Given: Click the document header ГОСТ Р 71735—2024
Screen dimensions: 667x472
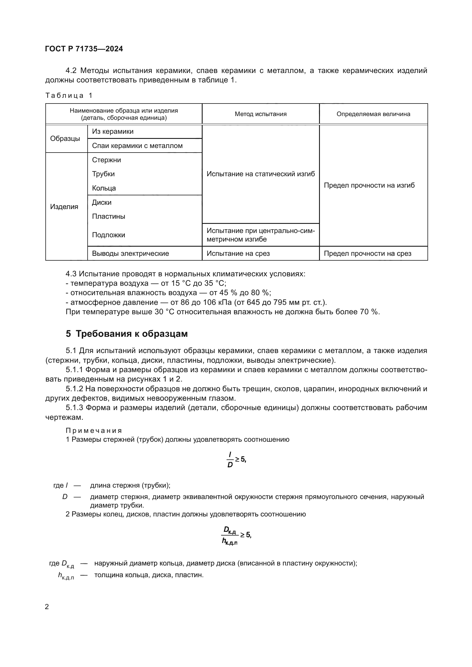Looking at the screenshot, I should click(84, 49).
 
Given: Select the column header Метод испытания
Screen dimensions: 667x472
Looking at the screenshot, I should click(261, 114).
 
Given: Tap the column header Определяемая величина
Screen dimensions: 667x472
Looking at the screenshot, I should click(373, 114).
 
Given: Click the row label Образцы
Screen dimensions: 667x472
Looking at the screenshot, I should click(65, 139).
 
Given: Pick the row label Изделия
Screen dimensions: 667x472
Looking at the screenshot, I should click(64, 206).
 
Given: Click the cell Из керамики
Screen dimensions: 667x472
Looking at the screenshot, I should click(113, 131).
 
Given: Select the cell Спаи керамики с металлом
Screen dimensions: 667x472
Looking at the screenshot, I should click(137, 145).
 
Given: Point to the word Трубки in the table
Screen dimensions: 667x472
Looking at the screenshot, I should click(104, 174).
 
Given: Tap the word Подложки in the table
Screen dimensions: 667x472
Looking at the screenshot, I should click(108, 235).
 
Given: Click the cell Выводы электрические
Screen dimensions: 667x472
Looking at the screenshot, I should click(130, 253).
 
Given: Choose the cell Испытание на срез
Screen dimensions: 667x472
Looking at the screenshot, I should click(238, 253).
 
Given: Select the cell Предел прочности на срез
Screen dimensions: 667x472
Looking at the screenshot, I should click(367, 253).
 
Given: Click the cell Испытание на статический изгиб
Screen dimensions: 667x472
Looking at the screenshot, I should click(261, 174).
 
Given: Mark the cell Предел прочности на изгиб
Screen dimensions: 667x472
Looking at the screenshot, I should click(369, 185).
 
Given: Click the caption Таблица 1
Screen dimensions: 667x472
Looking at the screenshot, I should click(69, 96).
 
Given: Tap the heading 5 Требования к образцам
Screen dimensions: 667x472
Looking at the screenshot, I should click(126, 334).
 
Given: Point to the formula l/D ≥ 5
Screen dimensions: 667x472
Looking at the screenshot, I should click(236, 460).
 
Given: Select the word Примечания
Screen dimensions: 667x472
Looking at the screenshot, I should click(94, 430).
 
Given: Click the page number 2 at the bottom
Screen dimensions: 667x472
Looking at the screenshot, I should click(47, 607).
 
